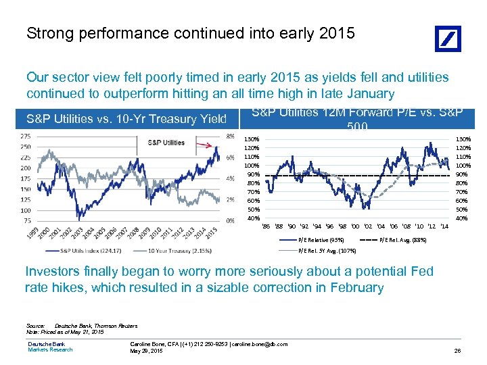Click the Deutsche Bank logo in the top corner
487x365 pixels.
point(447,39)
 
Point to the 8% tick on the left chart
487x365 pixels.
point(229,136)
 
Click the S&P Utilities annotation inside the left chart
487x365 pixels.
point(166,143)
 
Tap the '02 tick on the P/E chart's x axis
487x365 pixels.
point(367,225)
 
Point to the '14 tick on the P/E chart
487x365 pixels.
point(444,225)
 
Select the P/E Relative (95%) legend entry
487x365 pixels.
point(322,240)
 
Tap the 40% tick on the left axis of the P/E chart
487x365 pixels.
point(252,218)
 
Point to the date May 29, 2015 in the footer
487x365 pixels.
point(146,351)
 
